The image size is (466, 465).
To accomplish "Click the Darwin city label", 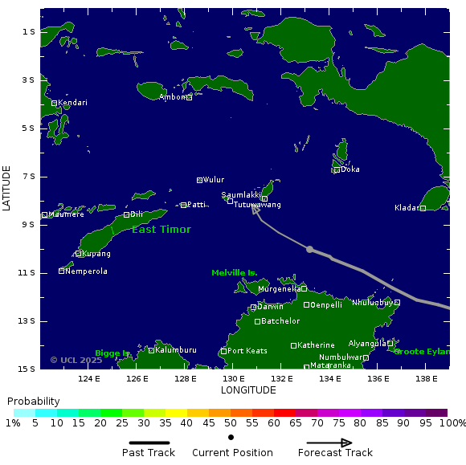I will point(270,307).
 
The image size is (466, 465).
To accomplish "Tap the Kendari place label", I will point(72,103).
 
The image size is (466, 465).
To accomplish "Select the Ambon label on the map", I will point(173,97).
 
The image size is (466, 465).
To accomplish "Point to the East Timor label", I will point(161,230).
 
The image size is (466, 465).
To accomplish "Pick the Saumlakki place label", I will point(242,194).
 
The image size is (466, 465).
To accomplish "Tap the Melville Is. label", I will point(235,273).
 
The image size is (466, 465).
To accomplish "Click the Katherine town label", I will point(316,345).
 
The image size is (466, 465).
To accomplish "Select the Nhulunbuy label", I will point(372,303).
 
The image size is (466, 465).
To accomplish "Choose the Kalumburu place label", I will point(176,350).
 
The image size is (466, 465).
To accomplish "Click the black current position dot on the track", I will point(309,249).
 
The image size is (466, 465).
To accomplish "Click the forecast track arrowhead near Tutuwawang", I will point(255,209).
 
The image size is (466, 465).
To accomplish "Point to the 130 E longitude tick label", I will point(234,379).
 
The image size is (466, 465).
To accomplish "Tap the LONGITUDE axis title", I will point(248,390).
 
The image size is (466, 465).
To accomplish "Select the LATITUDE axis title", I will point(7,188).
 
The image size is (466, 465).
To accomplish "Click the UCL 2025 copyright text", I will point(76,361).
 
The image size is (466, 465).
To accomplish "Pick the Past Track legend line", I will point(149,443).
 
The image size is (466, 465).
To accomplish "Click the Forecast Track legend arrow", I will point(329,443).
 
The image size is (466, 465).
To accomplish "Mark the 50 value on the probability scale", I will point(231,423).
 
